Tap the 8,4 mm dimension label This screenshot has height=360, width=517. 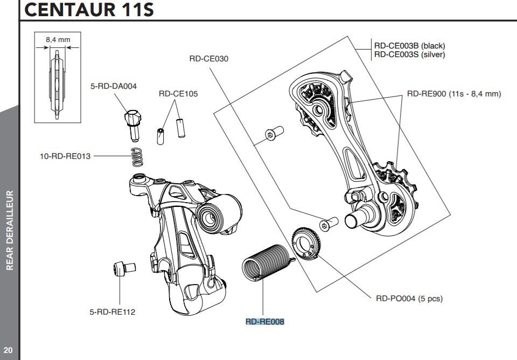coord(57,39)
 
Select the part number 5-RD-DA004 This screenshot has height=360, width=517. coord(113,86)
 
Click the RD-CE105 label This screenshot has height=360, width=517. coord(178,94)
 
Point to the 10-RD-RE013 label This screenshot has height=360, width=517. coord(65,156)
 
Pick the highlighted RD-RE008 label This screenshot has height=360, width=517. coord(264,322)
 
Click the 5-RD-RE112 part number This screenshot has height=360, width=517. coord(113,311)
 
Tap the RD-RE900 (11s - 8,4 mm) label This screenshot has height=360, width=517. coord(454,94)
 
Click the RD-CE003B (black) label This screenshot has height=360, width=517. coord(410,46)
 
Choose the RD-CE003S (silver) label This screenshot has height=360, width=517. coord(410,54)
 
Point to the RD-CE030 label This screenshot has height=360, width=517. coord(209,58)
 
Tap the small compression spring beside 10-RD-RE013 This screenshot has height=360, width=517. coord(138,157)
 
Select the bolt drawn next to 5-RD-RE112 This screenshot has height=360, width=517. coord(123,268)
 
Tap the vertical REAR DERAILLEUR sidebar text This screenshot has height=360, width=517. coord(9,229)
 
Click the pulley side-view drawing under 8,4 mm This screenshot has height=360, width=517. coord(57,83)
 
